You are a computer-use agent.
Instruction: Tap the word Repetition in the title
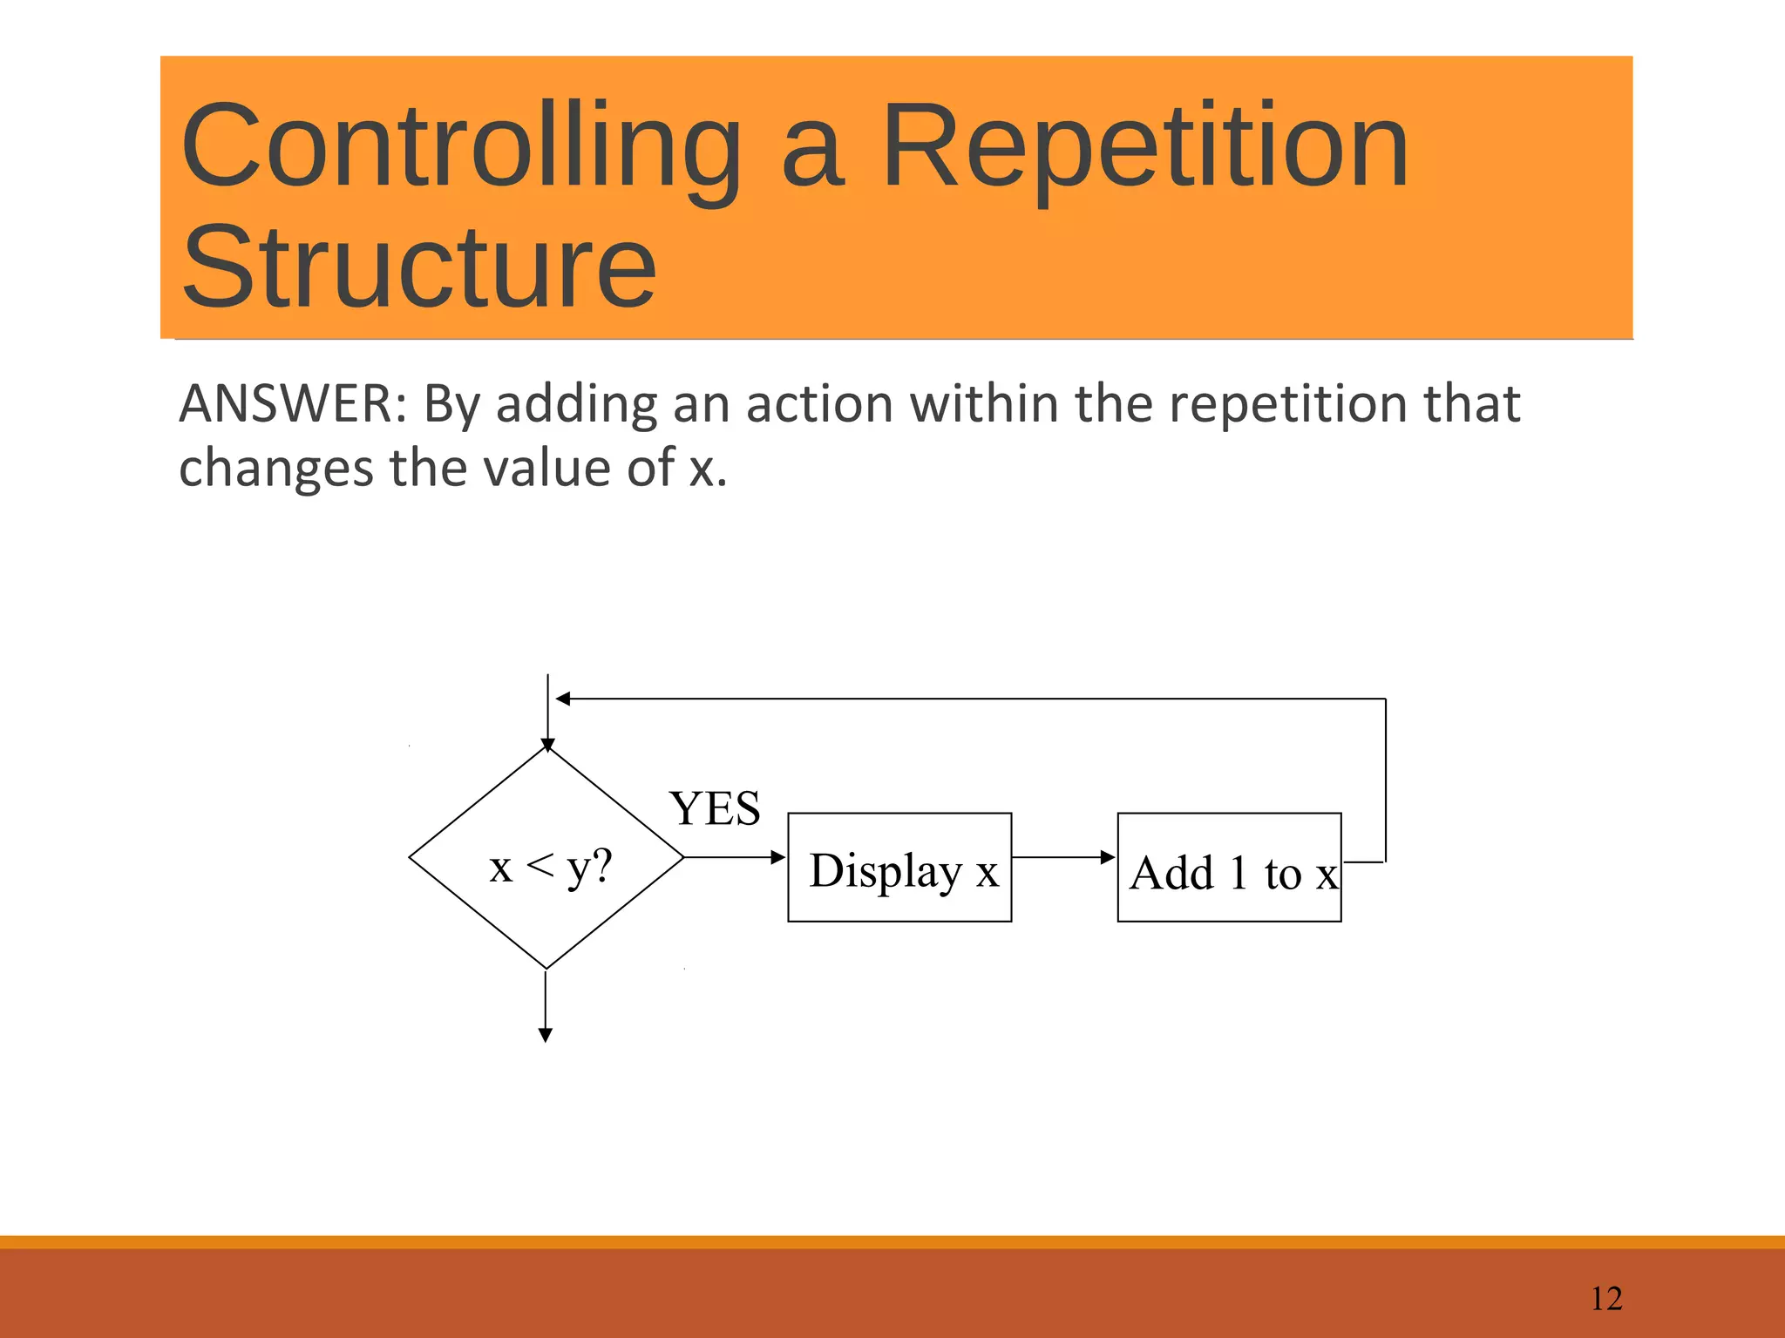coord(1144,146)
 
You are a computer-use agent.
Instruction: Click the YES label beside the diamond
coord(715,808)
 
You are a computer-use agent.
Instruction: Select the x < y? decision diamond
coord(546,859)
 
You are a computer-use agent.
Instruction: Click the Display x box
coord(899,868)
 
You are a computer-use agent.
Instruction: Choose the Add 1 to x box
coord(1229,868)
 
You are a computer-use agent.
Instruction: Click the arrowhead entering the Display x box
coord(779,857)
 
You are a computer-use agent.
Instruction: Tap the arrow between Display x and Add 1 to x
coord(1063,857)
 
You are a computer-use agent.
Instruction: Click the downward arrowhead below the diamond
coord(546,1035)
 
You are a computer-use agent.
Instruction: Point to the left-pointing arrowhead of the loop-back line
coord(563,699)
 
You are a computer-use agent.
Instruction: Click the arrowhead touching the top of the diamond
coord(547,745)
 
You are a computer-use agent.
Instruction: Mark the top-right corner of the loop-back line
coord(1385,699)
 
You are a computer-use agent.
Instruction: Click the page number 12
coord(1606,1299)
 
